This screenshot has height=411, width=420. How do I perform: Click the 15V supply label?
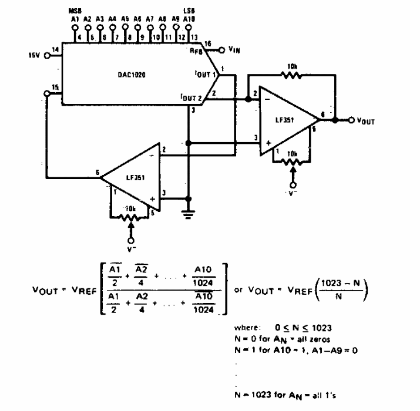pos(35,55)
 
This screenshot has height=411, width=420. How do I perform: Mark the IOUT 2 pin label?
pos(193,95)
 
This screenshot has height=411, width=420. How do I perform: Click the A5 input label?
pos(125,19)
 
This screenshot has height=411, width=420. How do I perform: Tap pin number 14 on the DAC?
pos(55,51)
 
